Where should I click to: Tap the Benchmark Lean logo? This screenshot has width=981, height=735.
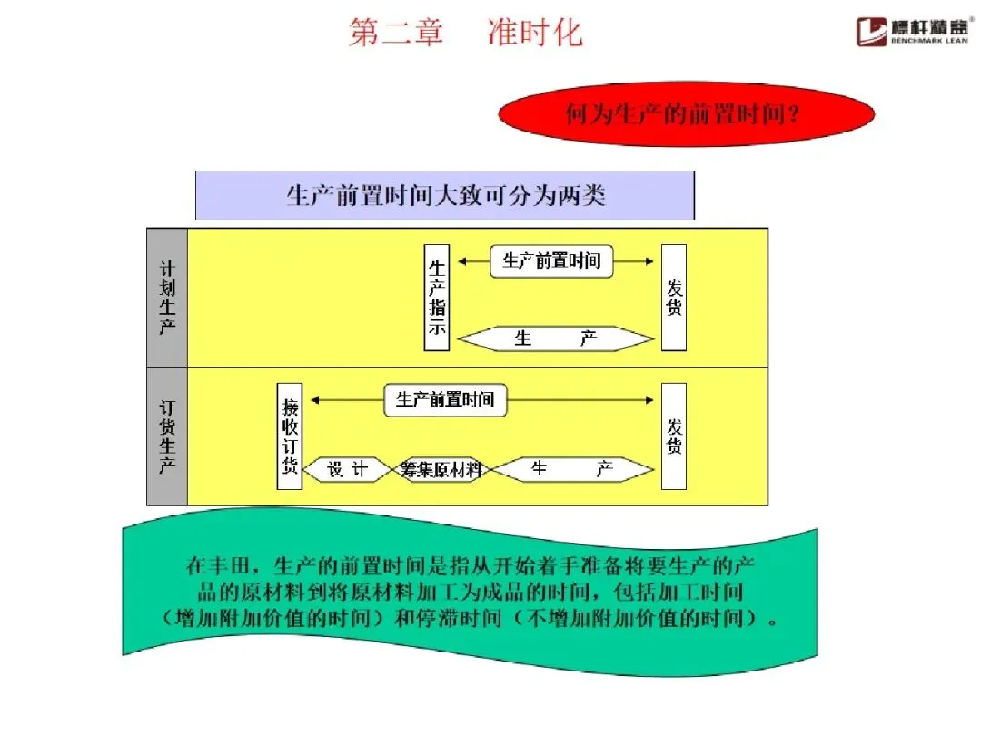coord(917,30)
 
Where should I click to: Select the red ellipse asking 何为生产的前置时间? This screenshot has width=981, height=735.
coord(687,114)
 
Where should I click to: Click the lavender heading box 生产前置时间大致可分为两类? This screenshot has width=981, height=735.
coord(445,195)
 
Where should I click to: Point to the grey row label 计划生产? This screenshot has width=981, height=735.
coord(167,298)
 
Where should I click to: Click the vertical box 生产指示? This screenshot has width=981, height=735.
coord(437,298)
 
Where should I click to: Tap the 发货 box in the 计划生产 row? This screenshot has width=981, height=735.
coord(674,298)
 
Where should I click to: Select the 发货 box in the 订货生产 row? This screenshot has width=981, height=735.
coord(674,436)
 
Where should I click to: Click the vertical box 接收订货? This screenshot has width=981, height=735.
coord(290,436)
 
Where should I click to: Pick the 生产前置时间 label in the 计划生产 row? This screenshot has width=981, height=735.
coord(551,261)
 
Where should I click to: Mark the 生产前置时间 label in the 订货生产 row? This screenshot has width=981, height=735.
coord(445,399)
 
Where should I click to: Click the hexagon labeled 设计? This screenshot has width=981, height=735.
coord(347,470)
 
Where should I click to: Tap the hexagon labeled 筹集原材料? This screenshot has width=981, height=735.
coord(442,470)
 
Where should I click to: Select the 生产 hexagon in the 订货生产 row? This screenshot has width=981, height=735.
coord(572,470)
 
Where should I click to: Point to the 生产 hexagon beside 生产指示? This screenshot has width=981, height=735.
coord(556,339)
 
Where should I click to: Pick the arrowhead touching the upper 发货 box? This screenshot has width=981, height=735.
coord(649,261)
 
